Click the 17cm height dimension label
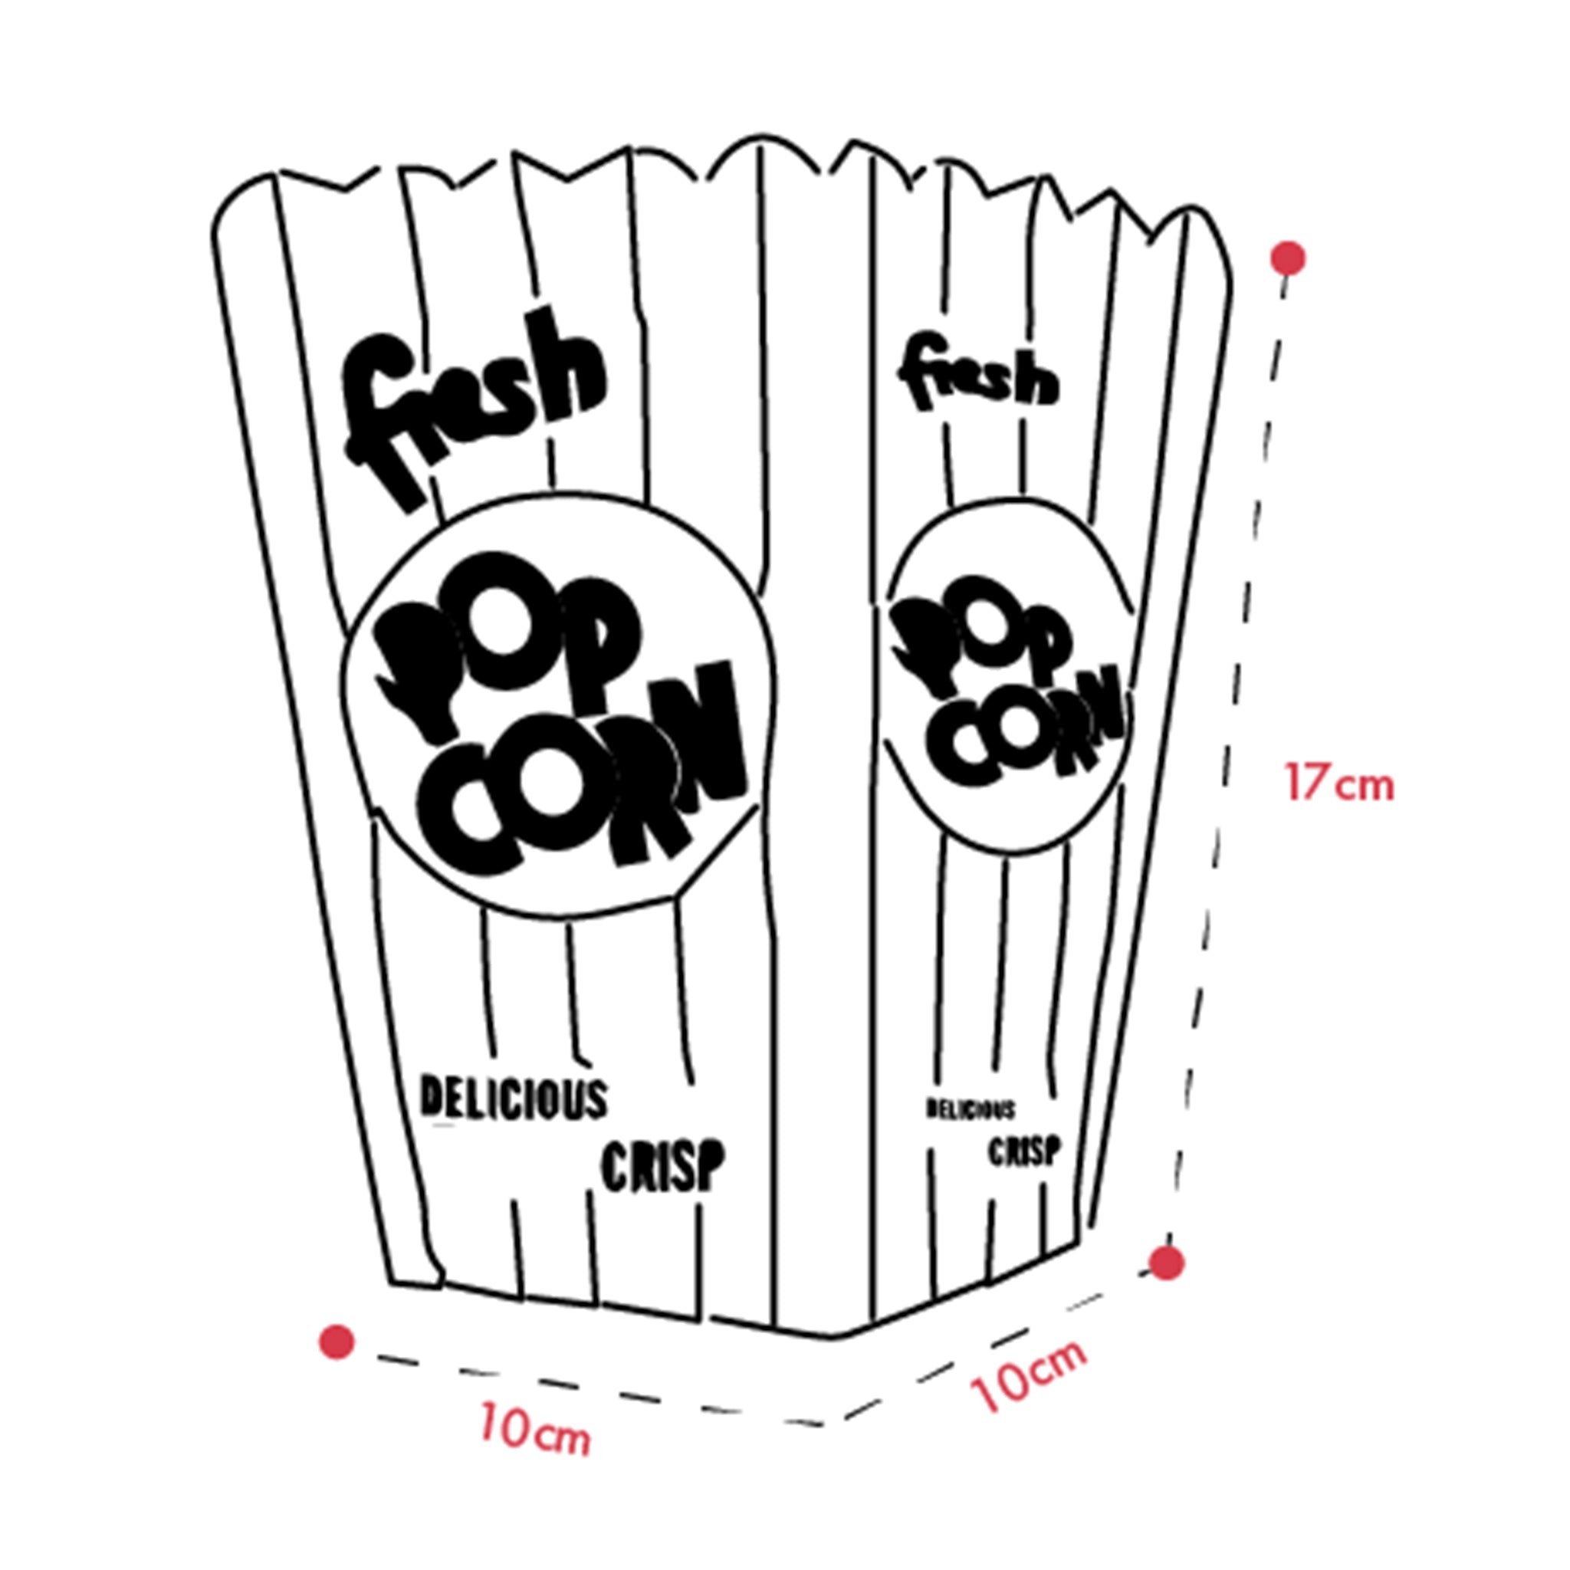(1338, 783)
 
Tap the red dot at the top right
(1290, 258)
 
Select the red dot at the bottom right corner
(1168, 1286)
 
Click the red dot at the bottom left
(337, 1341)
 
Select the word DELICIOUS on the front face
(514, 1099)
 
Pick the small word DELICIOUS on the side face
(971, 1109)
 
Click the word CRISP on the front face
(662, 1165)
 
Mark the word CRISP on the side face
(1024, 1151)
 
